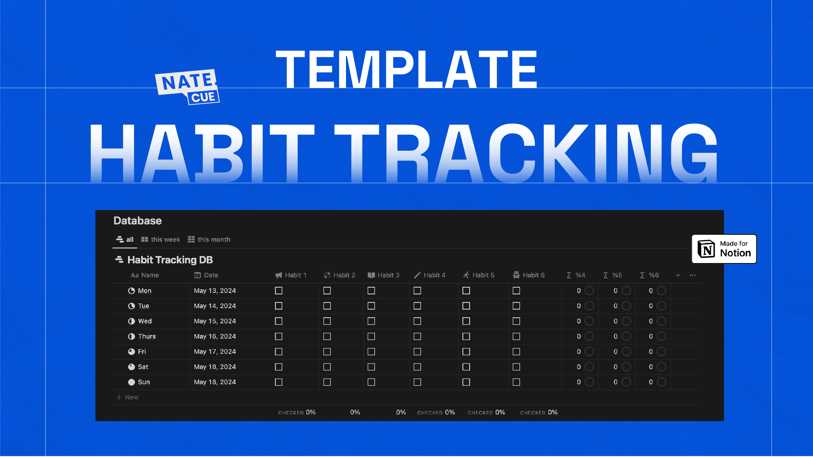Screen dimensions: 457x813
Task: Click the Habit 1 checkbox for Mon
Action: point(278,290)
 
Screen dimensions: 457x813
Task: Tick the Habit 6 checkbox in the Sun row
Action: point(516,382)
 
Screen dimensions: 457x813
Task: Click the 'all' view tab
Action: point(125,240)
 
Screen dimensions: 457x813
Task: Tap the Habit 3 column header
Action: point(383,275)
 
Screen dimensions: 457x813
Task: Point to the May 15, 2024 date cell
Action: point(215,321)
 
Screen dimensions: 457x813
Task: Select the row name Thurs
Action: point(147,336)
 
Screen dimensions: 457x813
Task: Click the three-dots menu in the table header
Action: point(693,275)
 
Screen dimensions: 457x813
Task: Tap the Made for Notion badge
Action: point(724,249)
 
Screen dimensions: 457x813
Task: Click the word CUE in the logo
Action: point(203,97)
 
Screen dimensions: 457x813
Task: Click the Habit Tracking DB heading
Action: point(170,260)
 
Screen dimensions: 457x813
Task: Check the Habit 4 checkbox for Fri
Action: point(417,352)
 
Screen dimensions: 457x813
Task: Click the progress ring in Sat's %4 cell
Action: point(589,367)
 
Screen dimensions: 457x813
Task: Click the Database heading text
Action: point(137,221)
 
